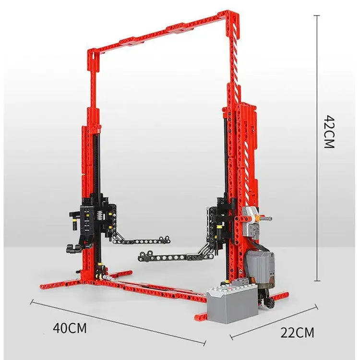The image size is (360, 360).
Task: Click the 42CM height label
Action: point(329,132)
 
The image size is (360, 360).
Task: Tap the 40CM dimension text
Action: point(70,328)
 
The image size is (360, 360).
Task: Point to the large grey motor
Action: point(261,269)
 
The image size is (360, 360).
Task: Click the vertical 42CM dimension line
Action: point(317,148)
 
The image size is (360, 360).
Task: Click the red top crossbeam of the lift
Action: point(161,32)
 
